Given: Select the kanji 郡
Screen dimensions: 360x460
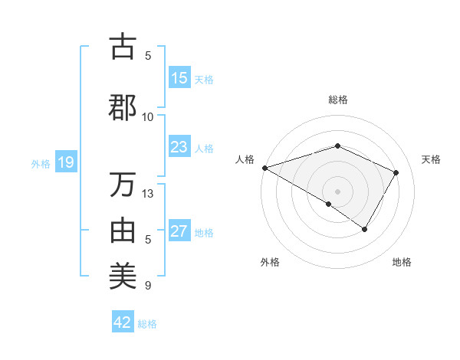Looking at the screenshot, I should coord(122,107).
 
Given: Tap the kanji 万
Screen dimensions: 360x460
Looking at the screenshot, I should coord(122,185).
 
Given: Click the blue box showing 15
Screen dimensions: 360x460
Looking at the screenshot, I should coord(179,78).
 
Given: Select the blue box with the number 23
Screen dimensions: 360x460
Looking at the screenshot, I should coord(179,147).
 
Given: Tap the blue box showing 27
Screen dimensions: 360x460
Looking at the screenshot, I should coord(179,231).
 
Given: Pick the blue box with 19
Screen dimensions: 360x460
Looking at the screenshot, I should coord(65,162).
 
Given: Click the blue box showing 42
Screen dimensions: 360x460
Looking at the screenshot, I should coord(123,322).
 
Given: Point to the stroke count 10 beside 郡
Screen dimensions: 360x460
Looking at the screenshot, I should coord(148,116).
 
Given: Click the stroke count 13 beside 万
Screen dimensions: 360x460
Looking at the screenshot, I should coord(148,194).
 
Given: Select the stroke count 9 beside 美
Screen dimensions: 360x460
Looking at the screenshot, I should coord(148,286).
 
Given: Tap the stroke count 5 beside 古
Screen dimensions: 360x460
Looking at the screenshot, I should coord(148,55).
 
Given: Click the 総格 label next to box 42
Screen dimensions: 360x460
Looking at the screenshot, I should coord(147,324).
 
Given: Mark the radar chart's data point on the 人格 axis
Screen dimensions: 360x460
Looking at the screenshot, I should coord(264,168).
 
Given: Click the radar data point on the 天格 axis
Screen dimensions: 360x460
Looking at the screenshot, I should coord(396,172).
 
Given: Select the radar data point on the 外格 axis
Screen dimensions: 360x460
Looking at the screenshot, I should coord(328,204).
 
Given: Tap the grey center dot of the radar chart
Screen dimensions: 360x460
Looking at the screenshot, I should coord(337,191).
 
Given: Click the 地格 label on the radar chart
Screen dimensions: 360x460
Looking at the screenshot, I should coord(402,262).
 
